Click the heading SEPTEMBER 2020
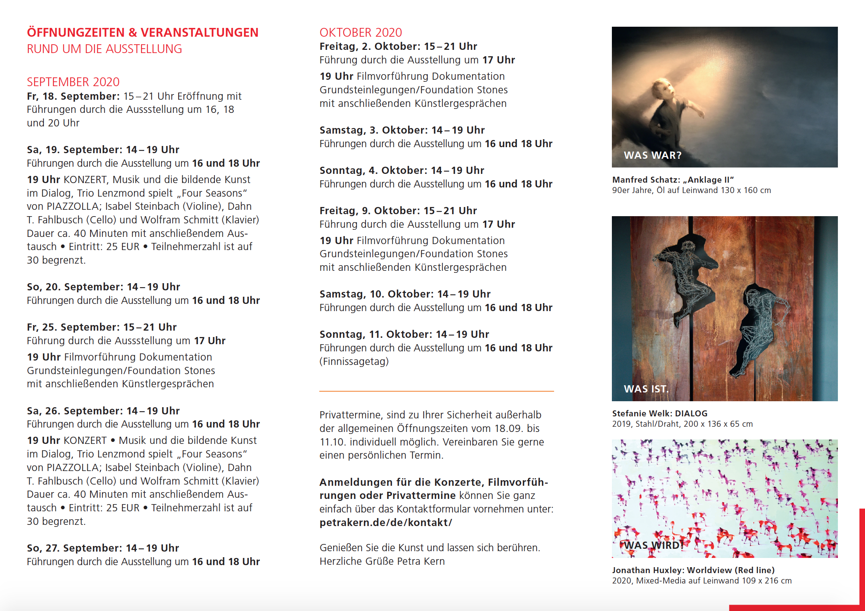tap(73, 82)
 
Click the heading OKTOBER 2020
tap(360, 32)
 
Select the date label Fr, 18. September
tap(73, 96)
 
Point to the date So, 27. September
tap(75, 548)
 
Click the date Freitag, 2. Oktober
tap(369, 46)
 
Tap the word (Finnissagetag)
tap(354, 361)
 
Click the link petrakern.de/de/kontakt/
tap(385, 522)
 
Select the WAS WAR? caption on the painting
tap(653, 155)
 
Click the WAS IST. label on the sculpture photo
tap(646, 389)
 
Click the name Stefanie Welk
tap(641, 414)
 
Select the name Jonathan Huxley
tap(648, 570)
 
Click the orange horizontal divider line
tap(436, 391)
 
